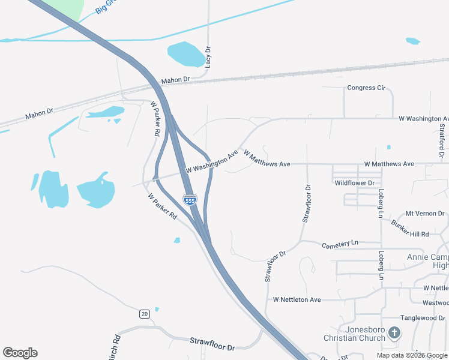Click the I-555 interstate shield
click(190, 200)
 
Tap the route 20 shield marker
click(144, 313)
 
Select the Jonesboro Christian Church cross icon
click(394, 332)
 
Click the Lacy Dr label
click(208, 57)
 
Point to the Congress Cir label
click(366, 88)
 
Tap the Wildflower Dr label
click(354, 182)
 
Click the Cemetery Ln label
click(340, 244)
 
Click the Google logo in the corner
click(20, 353)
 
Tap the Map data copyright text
click(411, 355)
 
